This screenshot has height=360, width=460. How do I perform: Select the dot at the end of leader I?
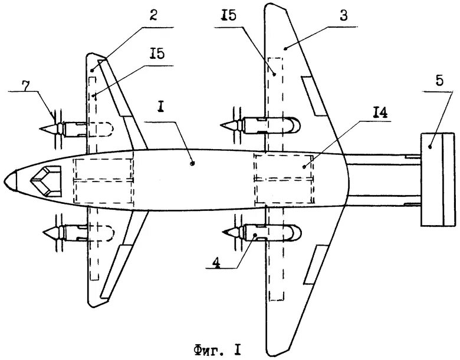point(193,164)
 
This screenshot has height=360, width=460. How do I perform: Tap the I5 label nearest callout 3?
point(229,17)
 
